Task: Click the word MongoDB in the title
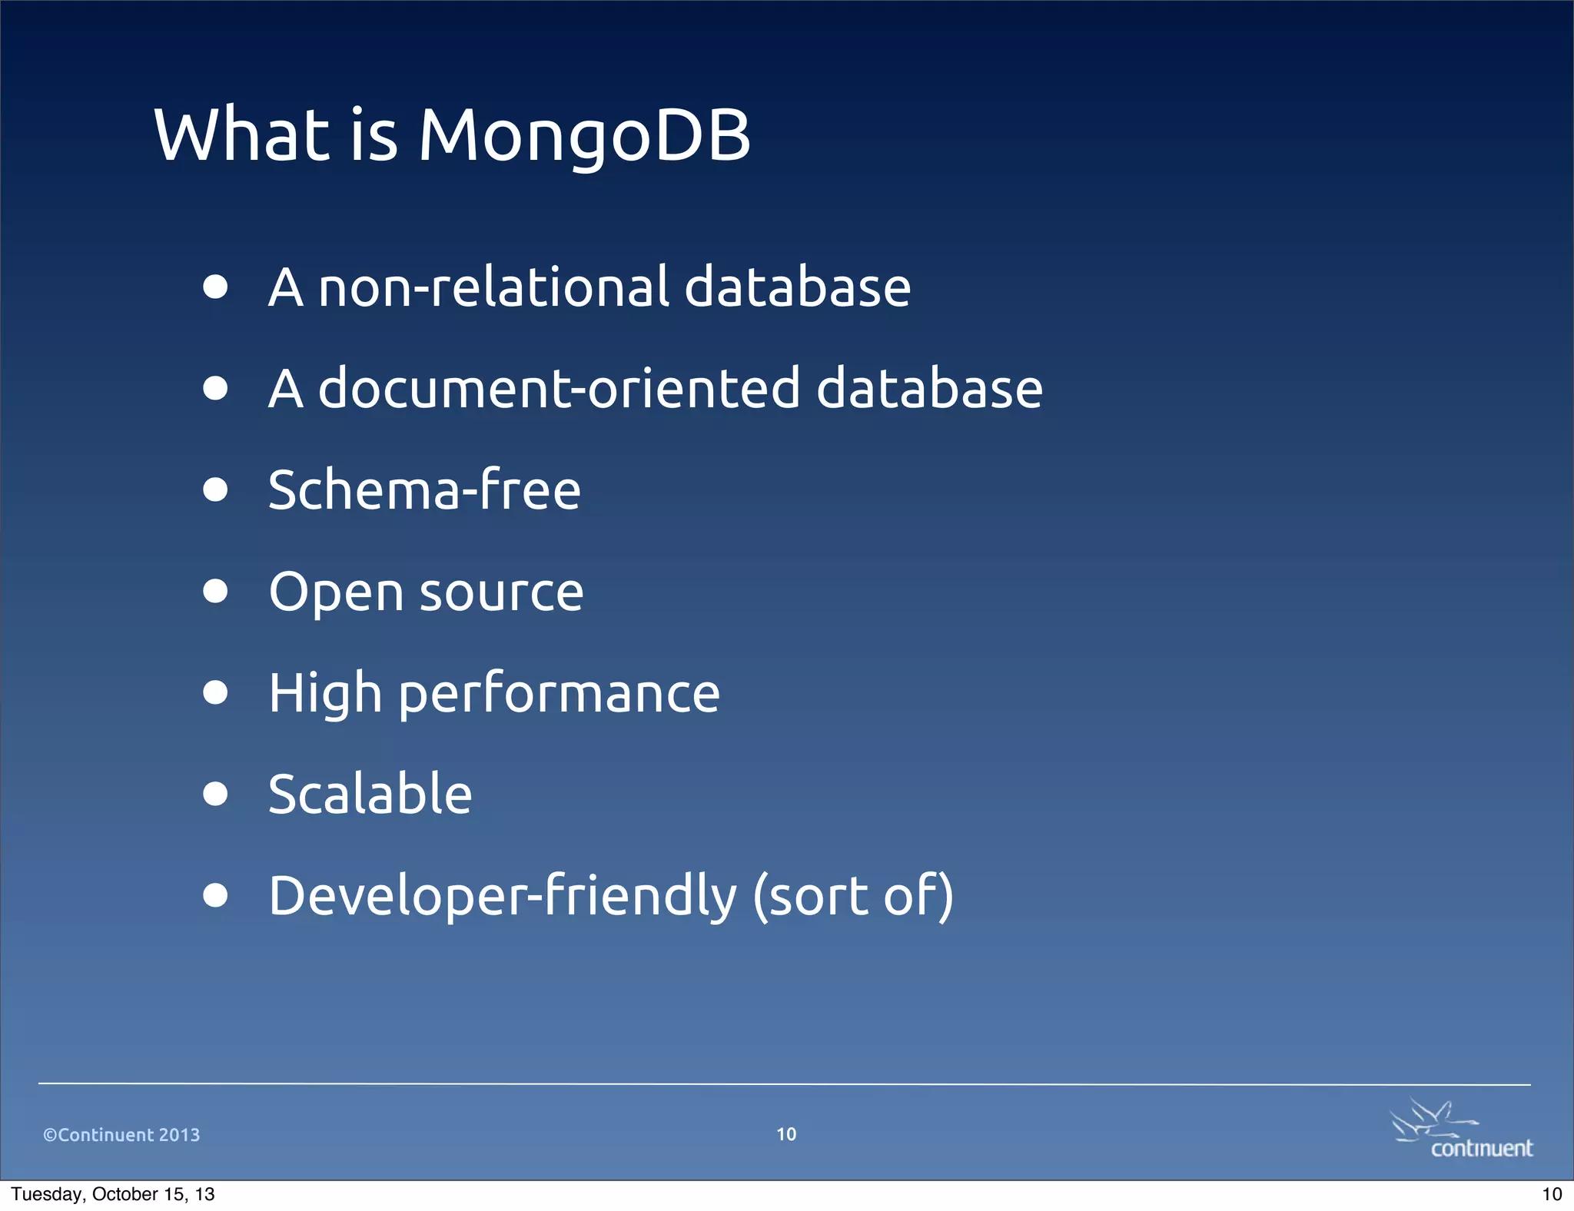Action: point(583,136)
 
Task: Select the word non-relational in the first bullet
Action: point(494,287)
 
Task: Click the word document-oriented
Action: point(560,389)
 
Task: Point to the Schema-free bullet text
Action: point(424,490)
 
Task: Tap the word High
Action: point(325,694)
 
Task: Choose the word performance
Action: point(559,694)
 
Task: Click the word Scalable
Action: point(370,795)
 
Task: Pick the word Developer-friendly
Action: point(502,897)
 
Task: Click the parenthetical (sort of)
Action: point(852,897)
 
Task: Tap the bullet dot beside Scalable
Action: point(216,793)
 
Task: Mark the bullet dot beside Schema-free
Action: point(216,489)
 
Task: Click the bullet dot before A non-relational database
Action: point(216,287)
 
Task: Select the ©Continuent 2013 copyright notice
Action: point(121,1135)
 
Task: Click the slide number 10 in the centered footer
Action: point(786,1134)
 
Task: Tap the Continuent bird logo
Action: point(1459,1129)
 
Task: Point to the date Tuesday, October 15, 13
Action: point(113,1194)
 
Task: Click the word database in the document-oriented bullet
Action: point(928,389)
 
